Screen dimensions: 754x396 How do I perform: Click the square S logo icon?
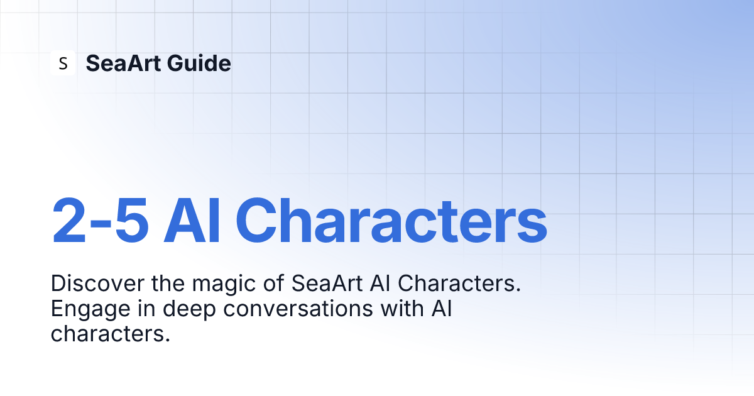pos(63,63)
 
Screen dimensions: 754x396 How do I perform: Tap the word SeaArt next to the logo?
pos(123,63)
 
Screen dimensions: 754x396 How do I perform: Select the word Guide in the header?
pos(199,63)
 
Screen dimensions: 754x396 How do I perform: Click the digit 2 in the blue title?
pos(69,220)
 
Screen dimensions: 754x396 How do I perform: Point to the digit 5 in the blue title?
pos(131,220)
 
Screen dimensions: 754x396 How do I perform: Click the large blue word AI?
pos(192,220)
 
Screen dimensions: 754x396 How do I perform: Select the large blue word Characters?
pos(391,220)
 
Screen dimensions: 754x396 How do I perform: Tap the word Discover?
pos(97,283)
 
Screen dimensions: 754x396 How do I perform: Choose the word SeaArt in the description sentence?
pos(327,283)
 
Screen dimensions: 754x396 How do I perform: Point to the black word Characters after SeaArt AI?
pos(459,283)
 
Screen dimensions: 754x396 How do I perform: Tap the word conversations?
pos(298,309)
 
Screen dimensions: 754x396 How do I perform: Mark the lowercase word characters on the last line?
pos(111,334)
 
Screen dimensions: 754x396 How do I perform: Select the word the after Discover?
pos(168,283)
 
